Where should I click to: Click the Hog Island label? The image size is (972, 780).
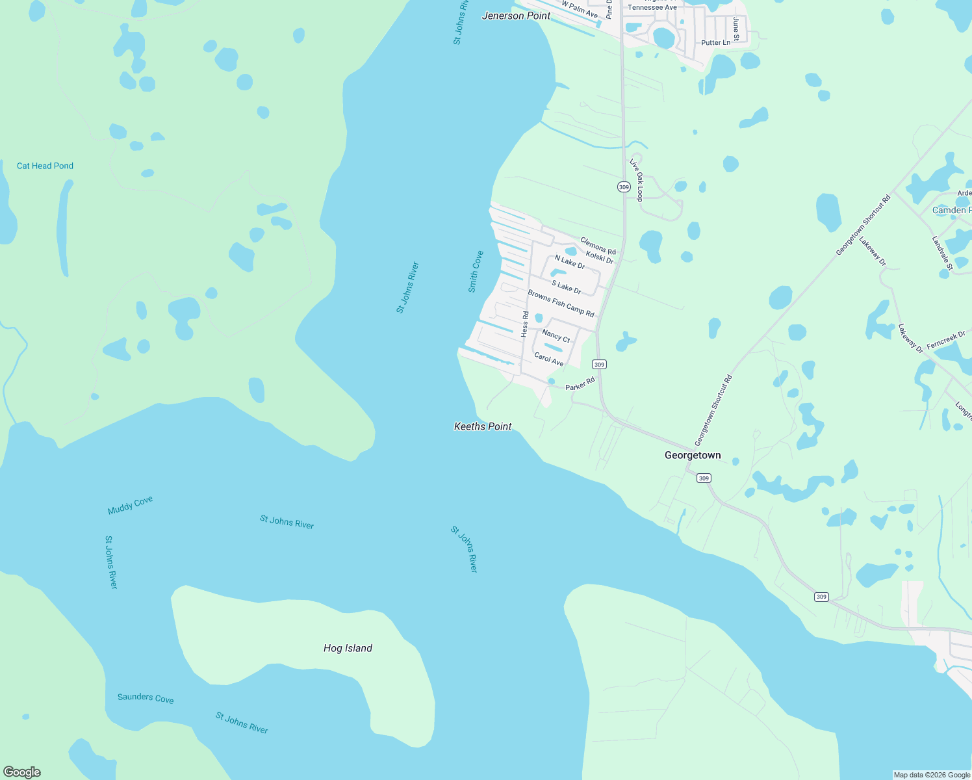pyautogui.click(x=348, y=648)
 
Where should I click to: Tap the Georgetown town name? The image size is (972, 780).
pyautogui.click(x=693, y=455)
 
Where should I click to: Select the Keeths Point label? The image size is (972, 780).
pyautogui.click(x=483, y=426)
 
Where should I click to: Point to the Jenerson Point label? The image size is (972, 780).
pyautogui.click(x=516, y=16)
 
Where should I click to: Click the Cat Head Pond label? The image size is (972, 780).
pyautogui.click(x=45, y=166)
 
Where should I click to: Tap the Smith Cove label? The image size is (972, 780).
pyautogui.click(x=476, y=272)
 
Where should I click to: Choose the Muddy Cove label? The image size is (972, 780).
pyautogui.click(x=130, y=505)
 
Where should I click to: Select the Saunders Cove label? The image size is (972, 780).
pyautogui.click(x=146, y=698)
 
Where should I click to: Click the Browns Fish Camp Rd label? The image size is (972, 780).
pyautogui.click(x=561, y=304)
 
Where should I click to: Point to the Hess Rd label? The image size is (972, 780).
pyautogui.click(x=525, y=324)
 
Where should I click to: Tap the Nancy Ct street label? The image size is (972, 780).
pyautogui.click(x=556, y=336)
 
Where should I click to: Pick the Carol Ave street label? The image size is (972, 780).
pyautogui.click(x=549, y=359)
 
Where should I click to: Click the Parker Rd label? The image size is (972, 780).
pyautogui.click(x=580, y=384)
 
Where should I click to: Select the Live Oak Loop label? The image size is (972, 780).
pyautogui.click(x=636, y=180)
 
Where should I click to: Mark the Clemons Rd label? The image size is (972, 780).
pyautogui.click(x=598, y=246)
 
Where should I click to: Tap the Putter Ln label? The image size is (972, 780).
pyautogui.click(x=715, y=43)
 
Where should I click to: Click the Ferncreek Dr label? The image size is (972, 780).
pyautogui.click(x=946, y=341)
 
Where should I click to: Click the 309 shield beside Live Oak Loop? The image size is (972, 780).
pyautogui.click(x=624, y=187)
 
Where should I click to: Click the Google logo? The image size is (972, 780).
pyautogui.click(x=22, y=772)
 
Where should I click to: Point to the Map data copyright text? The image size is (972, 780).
pyautogui.click(x=932, y=775)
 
